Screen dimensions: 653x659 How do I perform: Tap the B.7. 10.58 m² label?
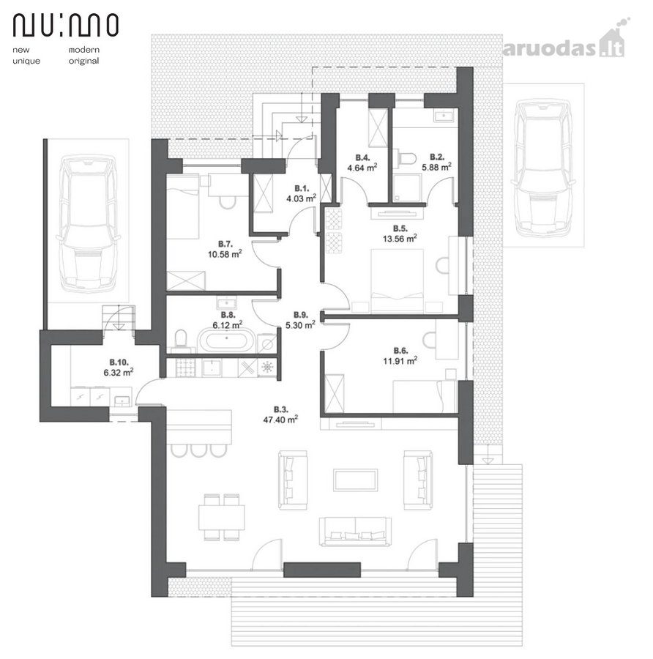click(x=225, y=249)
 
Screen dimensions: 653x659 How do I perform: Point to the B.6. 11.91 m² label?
click(x=400, y=356)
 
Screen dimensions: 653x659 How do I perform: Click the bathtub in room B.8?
click(x=227, y=340)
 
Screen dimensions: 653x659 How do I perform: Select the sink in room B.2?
click(x=442, y=116)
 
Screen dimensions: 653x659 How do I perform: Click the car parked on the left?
click(x=88, y=223)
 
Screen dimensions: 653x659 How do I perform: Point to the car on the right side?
click(x=543, y=168)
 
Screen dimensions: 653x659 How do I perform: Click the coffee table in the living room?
click(x=355, y=480)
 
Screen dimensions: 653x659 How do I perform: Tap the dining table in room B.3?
click(x=221, y=518)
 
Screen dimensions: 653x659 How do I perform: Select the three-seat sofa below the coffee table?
click(x=355, y=532)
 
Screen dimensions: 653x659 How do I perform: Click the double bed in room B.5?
click(x=398, y=280)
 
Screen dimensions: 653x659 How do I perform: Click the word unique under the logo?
click(x=26, y=61)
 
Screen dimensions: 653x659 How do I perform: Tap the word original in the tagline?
click(x=84, y=61)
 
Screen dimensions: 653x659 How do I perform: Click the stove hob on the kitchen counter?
click(x=185, y=368)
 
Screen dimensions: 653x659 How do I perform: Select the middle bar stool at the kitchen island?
click(x=198, y=450)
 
